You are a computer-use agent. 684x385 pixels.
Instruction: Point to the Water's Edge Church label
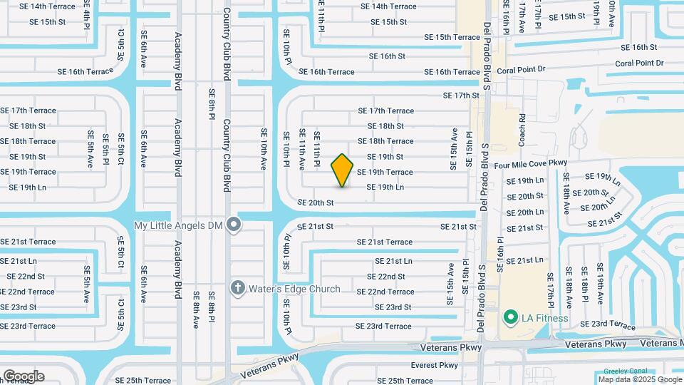294,289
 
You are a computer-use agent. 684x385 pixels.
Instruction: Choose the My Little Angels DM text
179,225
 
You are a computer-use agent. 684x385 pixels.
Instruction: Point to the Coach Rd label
522,127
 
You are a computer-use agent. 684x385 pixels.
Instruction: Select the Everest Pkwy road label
434,365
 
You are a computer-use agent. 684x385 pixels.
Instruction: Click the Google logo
24,376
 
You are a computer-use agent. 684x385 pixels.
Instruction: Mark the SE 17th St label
461,95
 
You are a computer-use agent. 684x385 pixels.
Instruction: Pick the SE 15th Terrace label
452,37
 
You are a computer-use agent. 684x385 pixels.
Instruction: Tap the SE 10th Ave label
264,148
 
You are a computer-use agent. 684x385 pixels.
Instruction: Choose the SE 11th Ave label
302,148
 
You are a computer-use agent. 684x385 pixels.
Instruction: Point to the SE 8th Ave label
195,309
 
